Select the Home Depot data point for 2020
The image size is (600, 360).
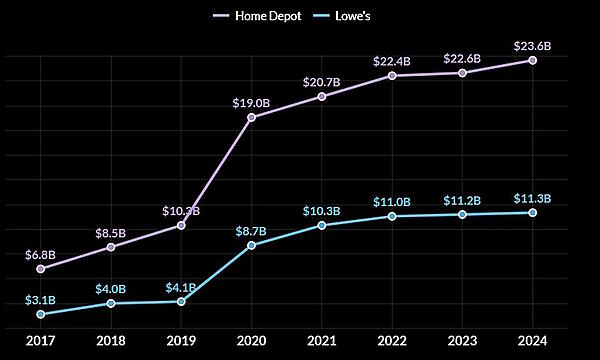[x=251, y=118]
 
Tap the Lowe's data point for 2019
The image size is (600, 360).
[x=181, y=301]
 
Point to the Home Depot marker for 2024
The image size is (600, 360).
[x=533, y=60]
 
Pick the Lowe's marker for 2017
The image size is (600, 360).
[x=40, y=314]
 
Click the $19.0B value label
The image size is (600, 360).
[x=251, y=101]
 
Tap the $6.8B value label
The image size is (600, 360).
[x=40, y=255]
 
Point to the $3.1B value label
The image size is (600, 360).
[x=40, y=299]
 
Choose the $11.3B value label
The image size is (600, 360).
[x=533, y=197]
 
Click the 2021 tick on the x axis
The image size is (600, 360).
[x=322, y=340]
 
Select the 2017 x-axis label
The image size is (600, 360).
[x=40, y=340]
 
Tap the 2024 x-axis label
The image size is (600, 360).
[x=533, y=340]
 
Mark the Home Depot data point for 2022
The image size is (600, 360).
[x=392, y=76]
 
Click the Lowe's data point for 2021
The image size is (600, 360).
[x=322, y=225]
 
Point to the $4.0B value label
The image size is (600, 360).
[x=111, y=288]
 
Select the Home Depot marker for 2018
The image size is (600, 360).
[x=111, y=247]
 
